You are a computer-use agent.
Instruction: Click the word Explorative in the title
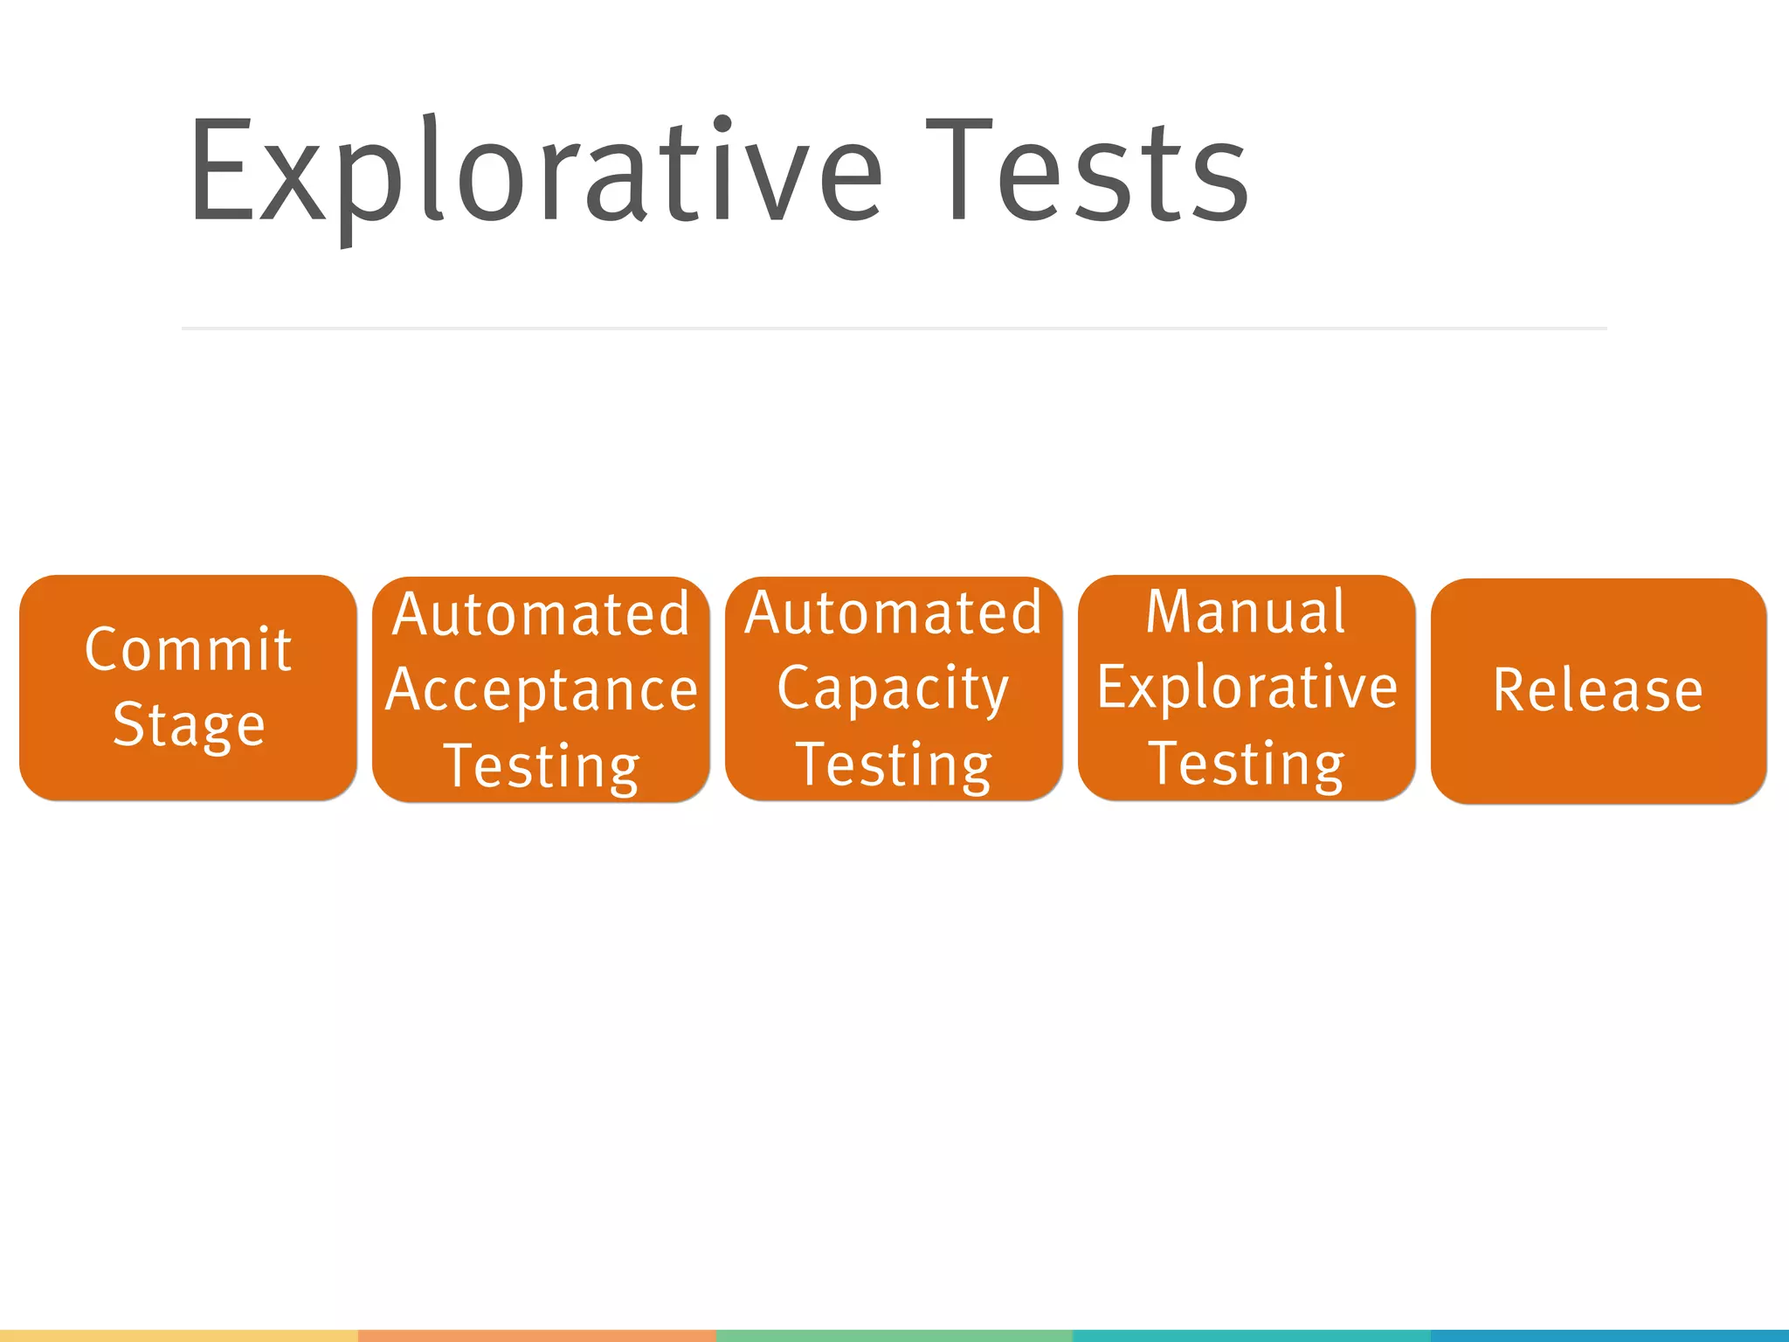535,173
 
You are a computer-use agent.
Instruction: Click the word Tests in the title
1088,173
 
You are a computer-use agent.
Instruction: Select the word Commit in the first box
188,650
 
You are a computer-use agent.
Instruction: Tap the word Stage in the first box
189,725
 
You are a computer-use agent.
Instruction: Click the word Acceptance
542,690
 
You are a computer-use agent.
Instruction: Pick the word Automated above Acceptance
542,614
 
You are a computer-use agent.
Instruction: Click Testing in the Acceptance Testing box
542,766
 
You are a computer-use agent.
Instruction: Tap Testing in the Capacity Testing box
894,764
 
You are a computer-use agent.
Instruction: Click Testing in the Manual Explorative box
1246,764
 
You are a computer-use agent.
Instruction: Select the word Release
1598,690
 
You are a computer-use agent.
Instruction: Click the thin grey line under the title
894,329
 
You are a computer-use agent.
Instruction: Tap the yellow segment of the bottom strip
179,1336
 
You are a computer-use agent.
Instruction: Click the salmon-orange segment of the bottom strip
536,1336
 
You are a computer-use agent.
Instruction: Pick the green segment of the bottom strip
894,1336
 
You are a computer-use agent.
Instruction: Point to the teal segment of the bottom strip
1251,1336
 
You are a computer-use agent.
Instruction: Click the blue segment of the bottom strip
1609,1336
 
